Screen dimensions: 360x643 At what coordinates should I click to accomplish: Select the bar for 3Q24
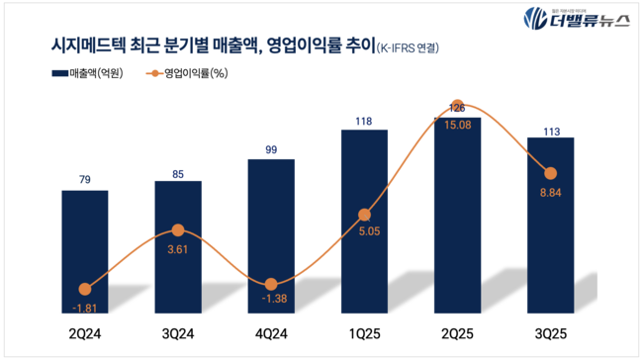point(178,247)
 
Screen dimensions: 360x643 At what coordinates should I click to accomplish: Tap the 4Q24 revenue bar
point(271,237)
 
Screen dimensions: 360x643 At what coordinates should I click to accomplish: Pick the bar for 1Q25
point(364,222)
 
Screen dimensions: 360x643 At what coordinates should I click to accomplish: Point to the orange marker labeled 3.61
point(178,230)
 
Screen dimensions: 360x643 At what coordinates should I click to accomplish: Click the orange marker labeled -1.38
point(271,282)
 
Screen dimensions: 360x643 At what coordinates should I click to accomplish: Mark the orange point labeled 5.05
point(364,214)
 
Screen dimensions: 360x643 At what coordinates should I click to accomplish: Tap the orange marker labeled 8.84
point(550,173)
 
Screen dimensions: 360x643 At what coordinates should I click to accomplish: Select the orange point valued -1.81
point(85,289)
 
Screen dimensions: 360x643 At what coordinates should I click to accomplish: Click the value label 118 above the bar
point(364,122)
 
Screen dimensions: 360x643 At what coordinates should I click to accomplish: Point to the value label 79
point(85,180)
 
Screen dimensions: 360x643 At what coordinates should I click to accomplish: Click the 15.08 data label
point(457,126)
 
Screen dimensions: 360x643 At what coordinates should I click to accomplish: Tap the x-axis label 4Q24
point(271,334)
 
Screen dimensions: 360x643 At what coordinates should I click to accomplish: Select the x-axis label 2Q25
point(457,334)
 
